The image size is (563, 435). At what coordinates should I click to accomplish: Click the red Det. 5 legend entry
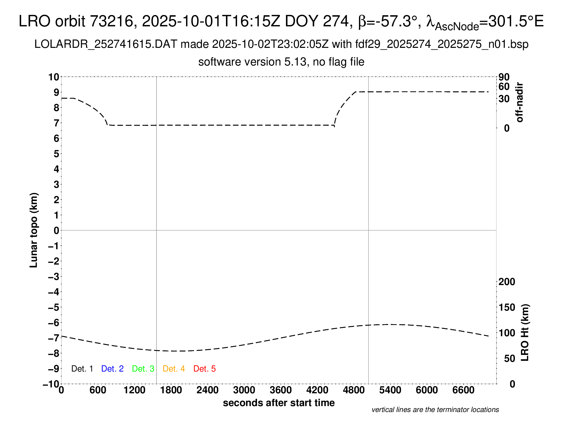coord(204,369)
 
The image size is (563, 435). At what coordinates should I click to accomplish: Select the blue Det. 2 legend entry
coord(112,369)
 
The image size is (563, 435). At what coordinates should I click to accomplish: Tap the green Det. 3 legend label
coord(143,369)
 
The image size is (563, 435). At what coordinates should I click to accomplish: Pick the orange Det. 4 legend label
coord(174,369)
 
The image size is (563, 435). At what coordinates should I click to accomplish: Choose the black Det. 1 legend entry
coord(82,369)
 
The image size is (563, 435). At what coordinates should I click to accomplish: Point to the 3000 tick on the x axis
coord(244,390)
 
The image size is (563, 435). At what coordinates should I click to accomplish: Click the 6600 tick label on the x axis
coord(463,390)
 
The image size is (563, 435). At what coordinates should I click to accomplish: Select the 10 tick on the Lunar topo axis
coord(54,77)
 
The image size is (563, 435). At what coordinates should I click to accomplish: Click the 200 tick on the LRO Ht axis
coord(506,282)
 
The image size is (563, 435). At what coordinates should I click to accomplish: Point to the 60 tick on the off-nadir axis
coord(504,86)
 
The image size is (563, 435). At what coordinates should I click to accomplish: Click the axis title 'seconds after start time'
coord(279,403)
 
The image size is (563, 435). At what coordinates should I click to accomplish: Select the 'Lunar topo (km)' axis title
coord(34,230)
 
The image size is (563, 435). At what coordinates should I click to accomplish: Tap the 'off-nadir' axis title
coord(519,102)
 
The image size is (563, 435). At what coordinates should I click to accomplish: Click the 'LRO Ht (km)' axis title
coord(525,333)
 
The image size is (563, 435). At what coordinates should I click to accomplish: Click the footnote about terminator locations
coord(435,410)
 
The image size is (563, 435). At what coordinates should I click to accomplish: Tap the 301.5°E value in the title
coord(516,21)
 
